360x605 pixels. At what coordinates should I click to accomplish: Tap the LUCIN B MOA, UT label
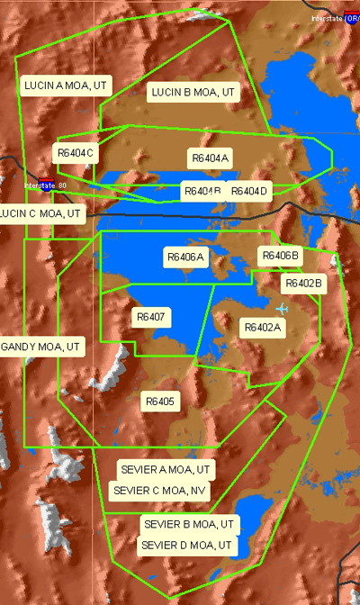[193, 92]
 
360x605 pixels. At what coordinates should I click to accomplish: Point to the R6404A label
[211, 158]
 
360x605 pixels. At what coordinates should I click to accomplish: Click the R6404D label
[248, 191]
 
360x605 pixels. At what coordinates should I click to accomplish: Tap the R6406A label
[186, 257]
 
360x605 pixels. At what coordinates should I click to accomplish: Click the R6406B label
[280, 256]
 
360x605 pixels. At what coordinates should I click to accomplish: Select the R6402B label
[303, 283]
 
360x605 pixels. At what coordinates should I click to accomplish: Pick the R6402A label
[264, 328]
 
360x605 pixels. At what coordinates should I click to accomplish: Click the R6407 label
[151, 317]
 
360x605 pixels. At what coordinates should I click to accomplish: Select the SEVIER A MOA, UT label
[166, 470]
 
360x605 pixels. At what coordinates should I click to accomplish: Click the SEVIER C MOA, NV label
[161, 491]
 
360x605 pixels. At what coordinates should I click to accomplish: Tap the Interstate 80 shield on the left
[46, 185]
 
